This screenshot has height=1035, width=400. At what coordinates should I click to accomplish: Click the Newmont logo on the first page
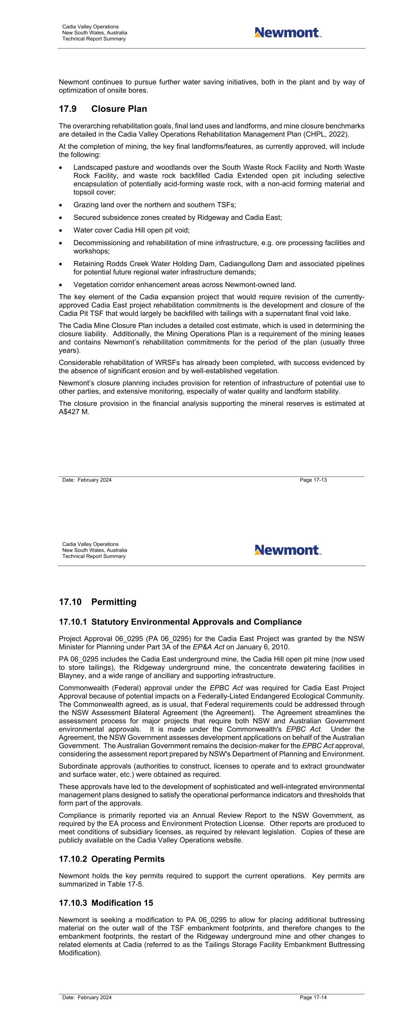click(288, 33)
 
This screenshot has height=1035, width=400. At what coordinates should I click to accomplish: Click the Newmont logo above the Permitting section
click(288, 550)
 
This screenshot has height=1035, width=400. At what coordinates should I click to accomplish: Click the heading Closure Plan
click(119, 109)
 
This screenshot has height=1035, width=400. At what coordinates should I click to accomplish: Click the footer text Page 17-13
click(313, 480)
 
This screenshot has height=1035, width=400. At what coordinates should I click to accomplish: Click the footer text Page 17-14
click(313, 997)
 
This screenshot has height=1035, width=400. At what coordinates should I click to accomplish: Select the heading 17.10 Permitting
click(98, 602)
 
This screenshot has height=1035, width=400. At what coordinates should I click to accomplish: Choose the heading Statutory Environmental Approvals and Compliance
click(196, 622)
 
